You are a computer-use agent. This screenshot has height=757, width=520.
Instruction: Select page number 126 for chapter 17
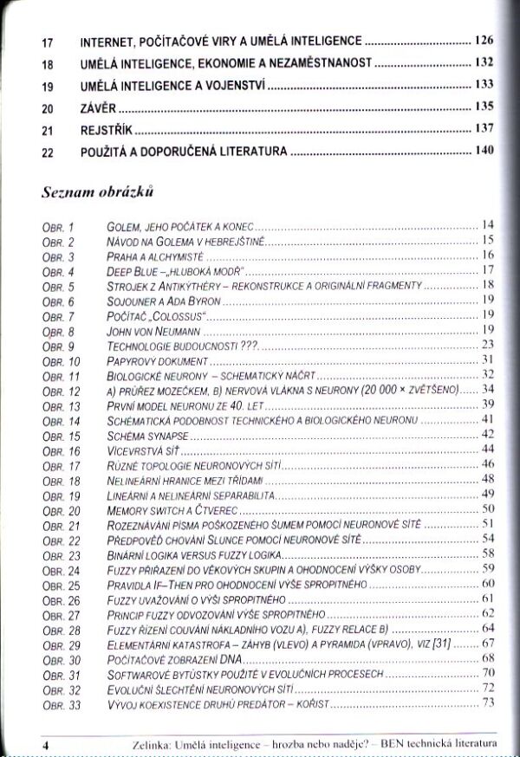point(484,40)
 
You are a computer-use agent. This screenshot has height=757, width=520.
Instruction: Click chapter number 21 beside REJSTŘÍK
point(47,130)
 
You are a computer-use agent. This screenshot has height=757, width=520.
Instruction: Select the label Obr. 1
point(58,225)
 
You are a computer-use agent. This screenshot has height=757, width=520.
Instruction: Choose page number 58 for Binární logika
point(487,554)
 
